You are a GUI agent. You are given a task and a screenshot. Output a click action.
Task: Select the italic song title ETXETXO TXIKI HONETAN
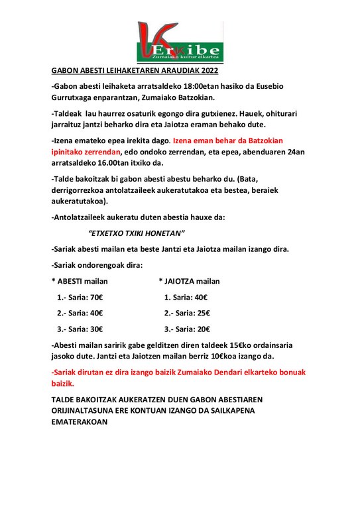[136, 233]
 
